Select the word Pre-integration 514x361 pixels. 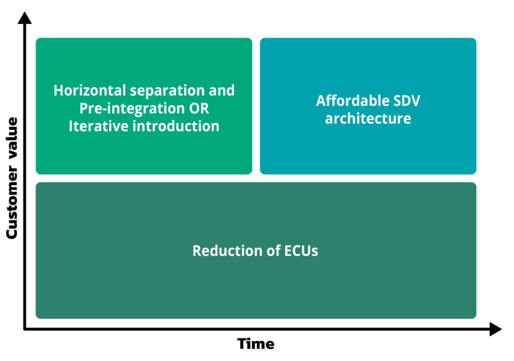(x=132, y=109)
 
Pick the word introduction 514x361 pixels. (x=176, y=126)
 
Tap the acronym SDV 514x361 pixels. (x=406, y=101)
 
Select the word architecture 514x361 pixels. (x=368, y=119)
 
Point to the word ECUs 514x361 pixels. (x=301, y=251)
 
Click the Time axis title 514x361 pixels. (x=256, y=344)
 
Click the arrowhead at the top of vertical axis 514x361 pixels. (x=25, y=18)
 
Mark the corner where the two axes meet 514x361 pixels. (x=25, y=329)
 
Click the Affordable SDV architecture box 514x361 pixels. (x=368, y=147)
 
